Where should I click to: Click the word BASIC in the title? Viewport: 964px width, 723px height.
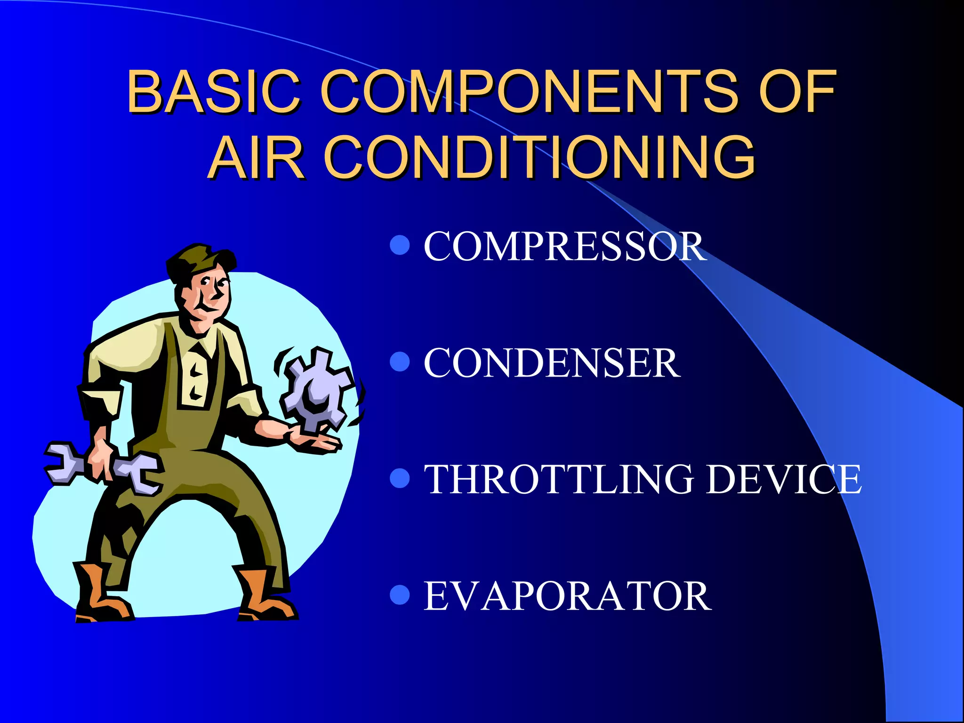[214, 91]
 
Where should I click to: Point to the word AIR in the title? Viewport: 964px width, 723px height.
[257, 157]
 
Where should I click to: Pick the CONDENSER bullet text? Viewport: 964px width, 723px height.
[552, 363]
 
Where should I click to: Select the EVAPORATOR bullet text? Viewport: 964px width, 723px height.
[567, 596]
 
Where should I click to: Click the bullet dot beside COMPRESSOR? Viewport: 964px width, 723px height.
[400, 245]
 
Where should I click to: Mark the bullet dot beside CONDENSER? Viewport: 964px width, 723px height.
[400, 362]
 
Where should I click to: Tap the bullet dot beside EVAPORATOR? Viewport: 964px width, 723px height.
[400, 595]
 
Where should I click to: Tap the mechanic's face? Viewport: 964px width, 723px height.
[209, 297]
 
